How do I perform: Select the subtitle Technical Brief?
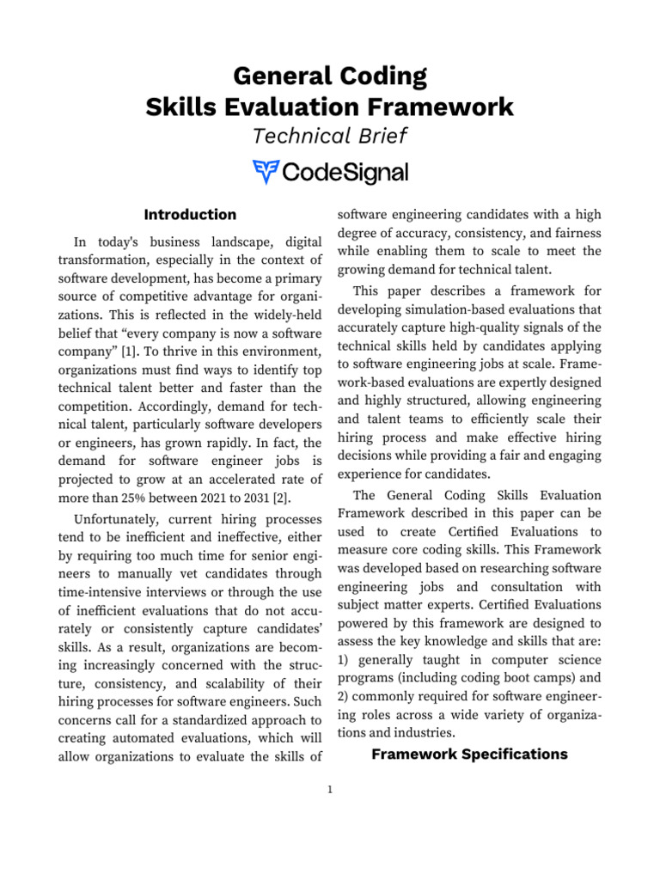coord(329,136)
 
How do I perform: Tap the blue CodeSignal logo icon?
coord(266,171)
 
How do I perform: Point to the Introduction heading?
coord(190,214)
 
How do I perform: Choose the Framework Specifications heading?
coord(469,754)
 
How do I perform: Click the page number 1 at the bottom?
coord(330,790)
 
